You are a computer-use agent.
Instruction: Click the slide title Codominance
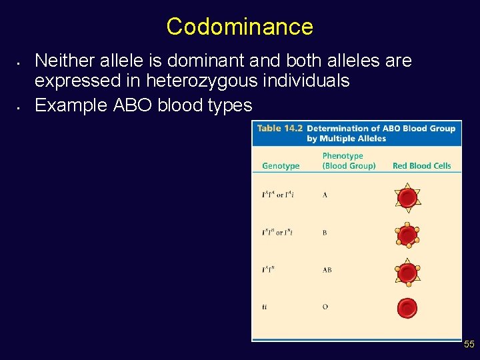[239, 27]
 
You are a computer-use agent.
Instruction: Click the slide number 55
[469, 344]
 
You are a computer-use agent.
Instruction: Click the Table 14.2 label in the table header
[279, 128]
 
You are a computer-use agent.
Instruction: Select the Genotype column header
[281, 166]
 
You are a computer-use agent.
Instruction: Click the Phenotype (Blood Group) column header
[348, 161]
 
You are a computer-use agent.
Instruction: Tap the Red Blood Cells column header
[421, 166]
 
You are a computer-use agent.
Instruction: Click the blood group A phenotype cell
[325, 195]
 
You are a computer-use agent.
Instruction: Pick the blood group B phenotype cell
[325, 233]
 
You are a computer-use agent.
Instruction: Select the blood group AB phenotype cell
[327, 270]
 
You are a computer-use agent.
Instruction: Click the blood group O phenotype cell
[325, 307]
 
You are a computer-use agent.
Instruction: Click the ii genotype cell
[265, 307]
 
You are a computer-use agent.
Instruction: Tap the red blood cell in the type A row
[407, 197]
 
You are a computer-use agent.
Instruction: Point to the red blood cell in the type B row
[407, 235]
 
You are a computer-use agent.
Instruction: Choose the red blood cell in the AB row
[407, 271]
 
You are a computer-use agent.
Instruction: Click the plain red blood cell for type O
[407, 307]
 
